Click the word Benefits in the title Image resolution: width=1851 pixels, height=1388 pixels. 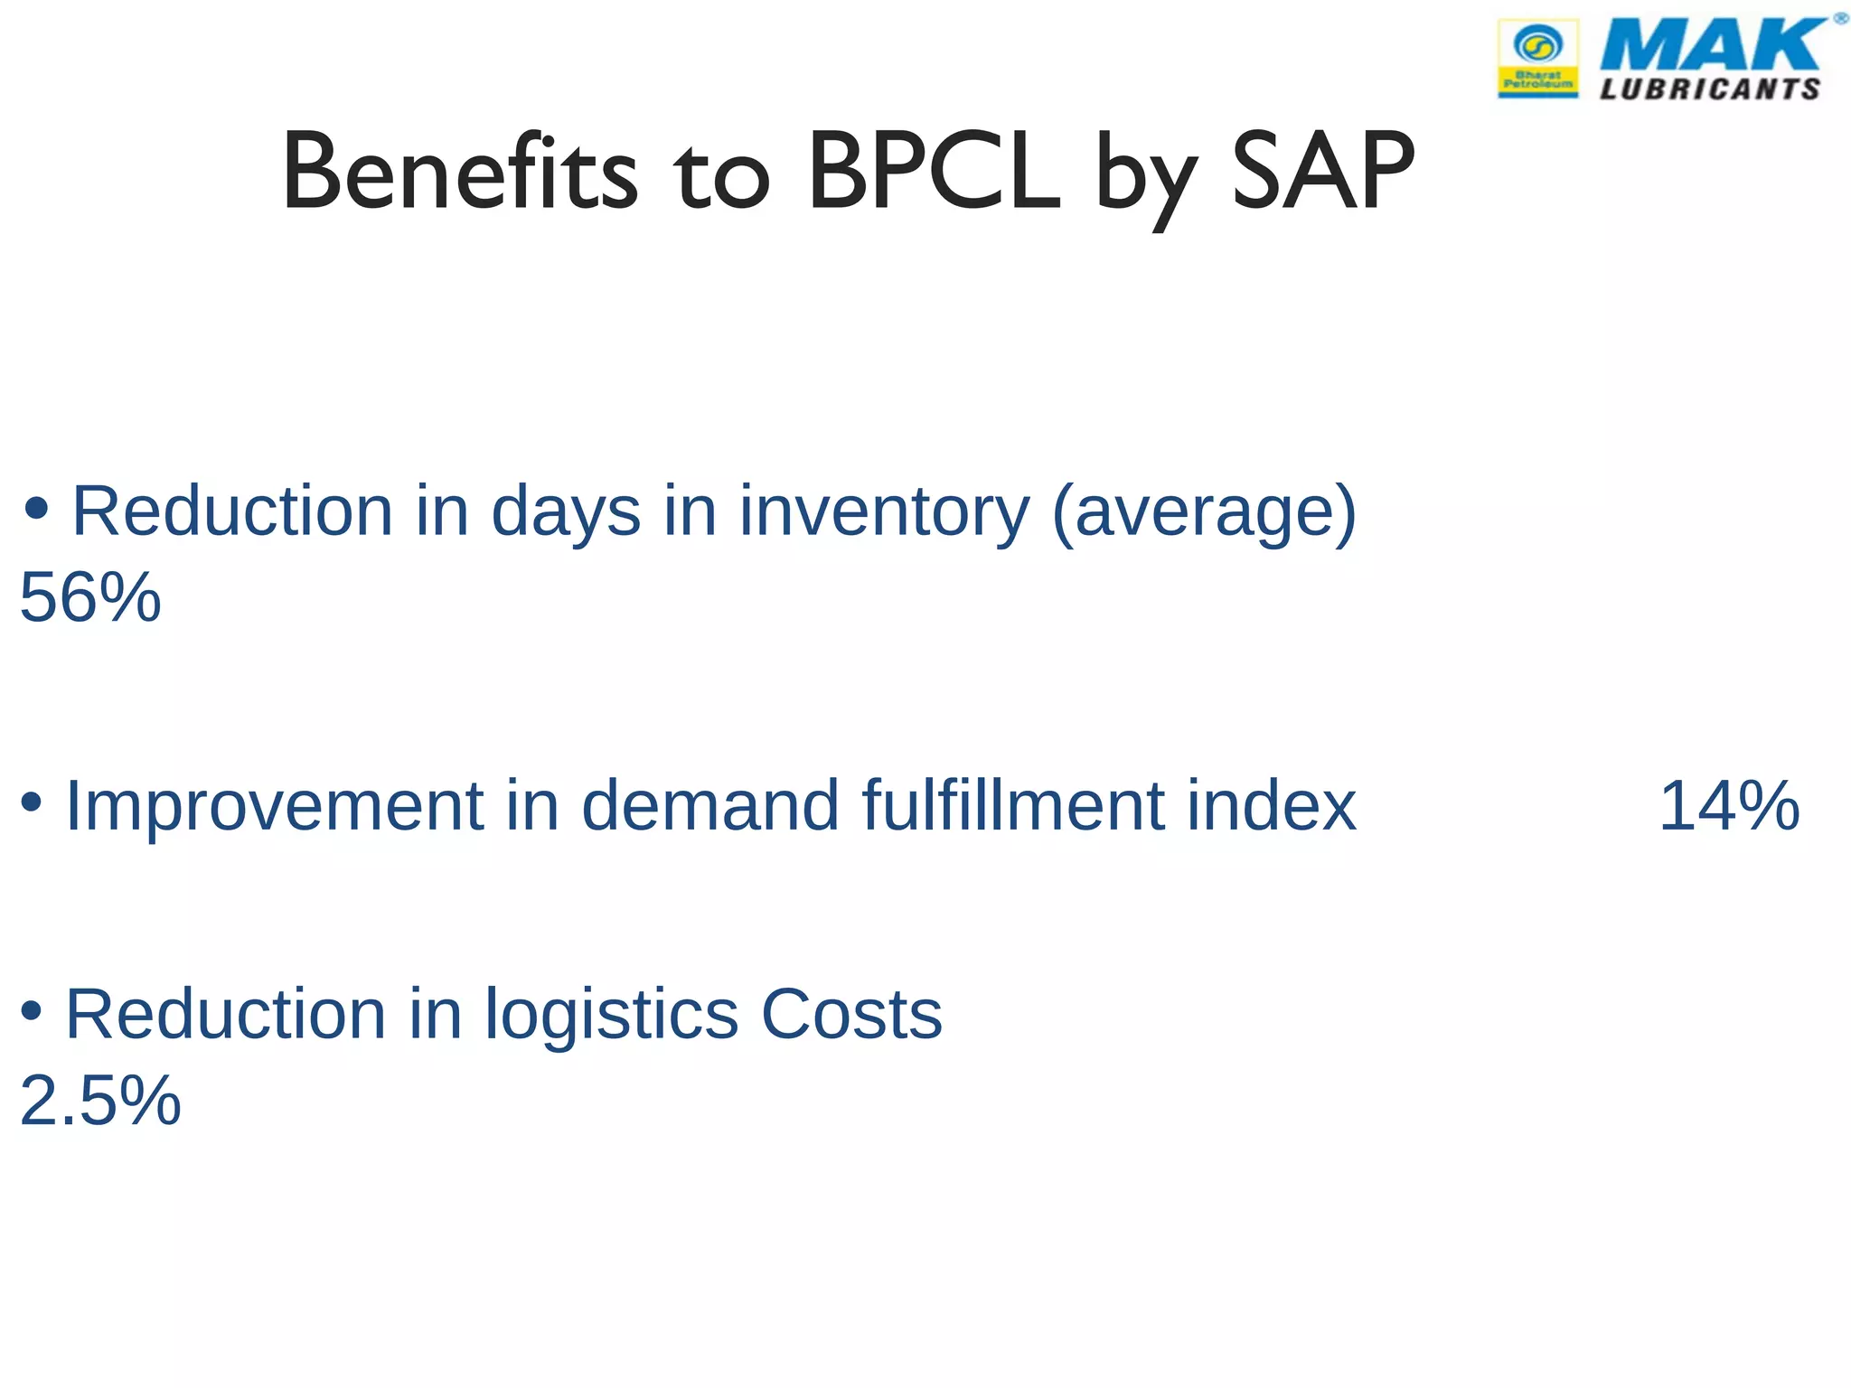(460, 172)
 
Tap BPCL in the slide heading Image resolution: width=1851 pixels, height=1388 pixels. (933, 172)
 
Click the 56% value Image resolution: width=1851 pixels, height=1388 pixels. (90, 598)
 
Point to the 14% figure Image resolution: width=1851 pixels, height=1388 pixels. (1729, 806)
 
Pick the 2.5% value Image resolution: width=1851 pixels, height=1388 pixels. (100, 1101)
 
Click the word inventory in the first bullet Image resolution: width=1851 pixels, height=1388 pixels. (884, 512)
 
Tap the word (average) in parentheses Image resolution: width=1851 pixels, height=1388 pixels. (1204, 512)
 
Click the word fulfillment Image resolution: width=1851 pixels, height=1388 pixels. (1012, 806)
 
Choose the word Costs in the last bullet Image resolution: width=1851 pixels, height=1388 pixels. (851, 1015)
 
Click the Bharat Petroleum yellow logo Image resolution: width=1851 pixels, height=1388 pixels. (1538, 59)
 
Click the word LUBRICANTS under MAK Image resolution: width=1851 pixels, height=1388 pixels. (1709, 89)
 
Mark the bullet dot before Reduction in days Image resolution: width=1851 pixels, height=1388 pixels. (36, 509)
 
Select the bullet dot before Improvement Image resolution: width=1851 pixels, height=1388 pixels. (31, 802)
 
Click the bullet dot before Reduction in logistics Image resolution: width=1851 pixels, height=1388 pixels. (31, 1011)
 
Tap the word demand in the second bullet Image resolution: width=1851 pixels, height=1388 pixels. (710, 806)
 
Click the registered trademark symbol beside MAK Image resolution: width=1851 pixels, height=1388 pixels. (1840, 18)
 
